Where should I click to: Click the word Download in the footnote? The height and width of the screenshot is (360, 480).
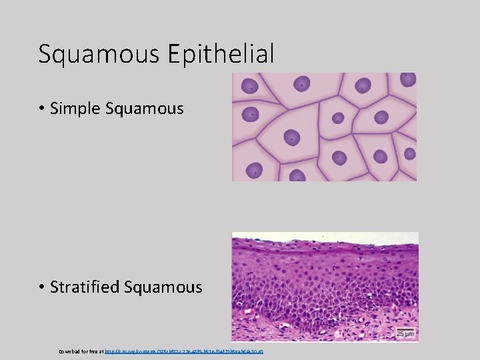69,350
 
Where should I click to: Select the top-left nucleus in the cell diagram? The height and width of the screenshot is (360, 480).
249,86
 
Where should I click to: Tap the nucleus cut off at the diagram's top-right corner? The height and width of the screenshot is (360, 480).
407,78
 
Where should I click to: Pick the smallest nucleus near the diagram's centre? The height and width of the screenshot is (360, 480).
338,118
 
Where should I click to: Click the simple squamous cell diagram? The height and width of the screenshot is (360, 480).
324,127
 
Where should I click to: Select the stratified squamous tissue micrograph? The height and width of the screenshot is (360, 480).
325,287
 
